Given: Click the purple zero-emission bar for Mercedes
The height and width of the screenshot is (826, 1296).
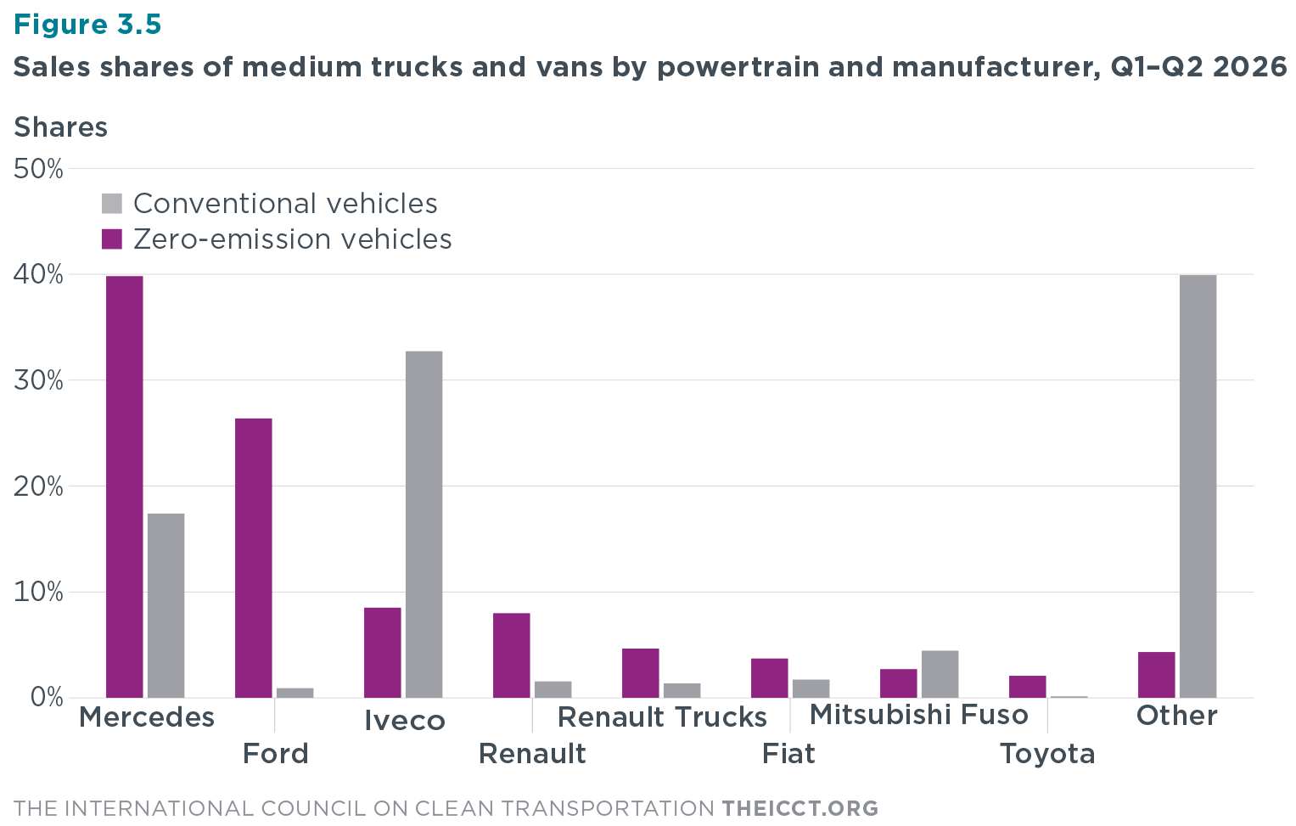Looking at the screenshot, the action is [125, 486].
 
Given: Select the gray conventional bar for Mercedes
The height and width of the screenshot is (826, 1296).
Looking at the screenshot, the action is [166, 605].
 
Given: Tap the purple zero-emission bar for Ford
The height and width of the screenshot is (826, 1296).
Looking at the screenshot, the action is [254, 558].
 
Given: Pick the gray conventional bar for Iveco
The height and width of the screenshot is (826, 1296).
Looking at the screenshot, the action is [424, 525].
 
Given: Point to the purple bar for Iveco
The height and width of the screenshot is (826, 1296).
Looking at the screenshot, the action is [383, 652].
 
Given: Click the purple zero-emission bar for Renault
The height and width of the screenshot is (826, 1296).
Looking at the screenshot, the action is [512, 655].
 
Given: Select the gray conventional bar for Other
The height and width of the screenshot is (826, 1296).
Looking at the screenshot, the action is [1198, 486].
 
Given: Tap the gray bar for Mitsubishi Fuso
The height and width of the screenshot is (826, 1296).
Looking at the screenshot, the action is [940, 674].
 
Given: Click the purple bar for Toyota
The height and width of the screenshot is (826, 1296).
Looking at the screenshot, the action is [1028, 687].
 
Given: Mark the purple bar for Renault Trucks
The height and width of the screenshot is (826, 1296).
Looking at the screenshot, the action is [641, 673].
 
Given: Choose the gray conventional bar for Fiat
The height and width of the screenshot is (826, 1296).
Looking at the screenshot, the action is [811, 688].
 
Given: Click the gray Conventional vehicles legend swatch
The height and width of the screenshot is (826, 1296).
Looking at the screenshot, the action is [112, 204].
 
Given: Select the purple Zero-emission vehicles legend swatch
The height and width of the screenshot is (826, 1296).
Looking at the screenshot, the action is [112, 239].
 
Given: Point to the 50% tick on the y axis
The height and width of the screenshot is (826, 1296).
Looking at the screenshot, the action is [38, 169].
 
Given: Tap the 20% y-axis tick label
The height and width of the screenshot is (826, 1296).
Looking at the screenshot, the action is [38, 486].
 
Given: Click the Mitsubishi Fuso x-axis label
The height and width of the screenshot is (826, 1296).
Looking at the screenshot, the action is [919, 714].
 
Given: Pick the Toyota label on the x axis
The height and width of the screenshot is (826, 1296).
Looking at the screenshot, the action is [1048, 754].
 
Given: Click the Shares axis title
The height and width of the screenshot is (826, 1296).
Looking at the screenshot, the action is [61, 127].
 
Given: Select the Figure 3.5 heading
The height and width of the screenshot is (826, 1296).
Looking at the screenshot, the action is [87, 25].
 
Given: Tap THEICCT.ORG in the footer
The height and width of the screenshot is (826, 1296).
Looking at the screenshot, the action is [800, 808].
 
